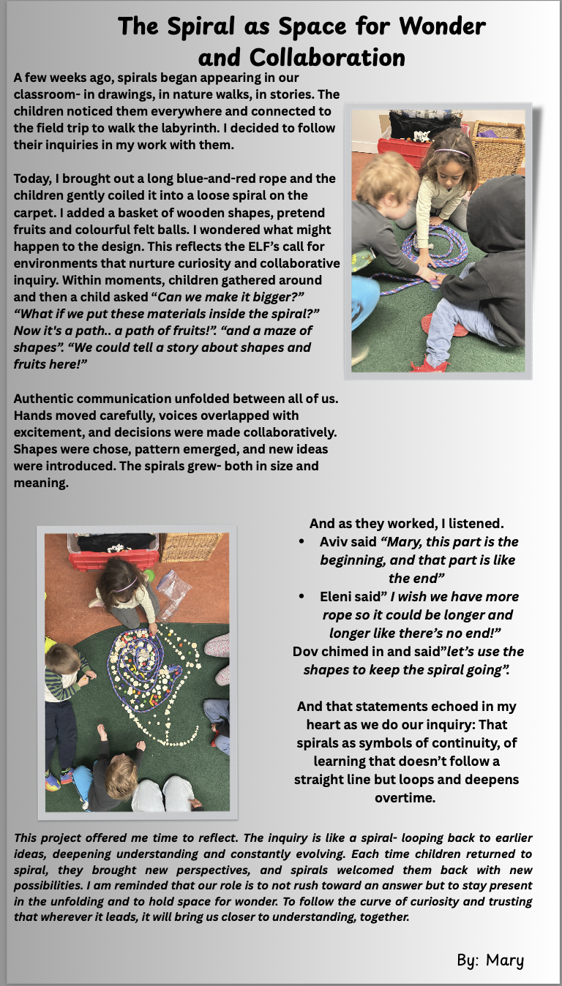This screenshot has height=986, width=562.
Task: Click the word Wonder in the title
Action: point(442,26)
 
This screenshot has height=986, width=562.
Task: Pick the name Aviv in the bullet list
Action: point(334,542)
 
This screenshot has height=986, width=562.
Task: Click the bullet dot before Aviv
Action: point(302,542)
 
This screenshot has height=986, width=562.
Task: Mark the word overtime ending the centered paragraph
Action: point(405,797)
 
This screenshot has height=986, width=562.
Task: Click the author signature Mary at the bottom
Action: point(505,960)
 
